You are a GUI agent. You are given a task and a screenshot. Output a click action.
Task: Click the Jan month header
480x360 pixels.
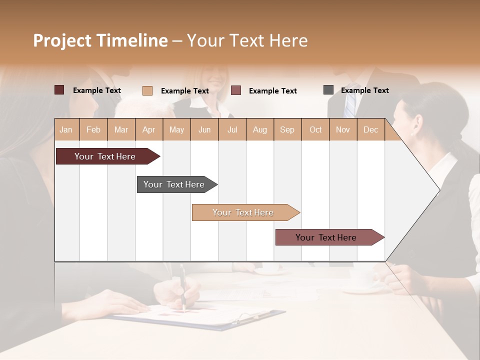[x=66, y=130]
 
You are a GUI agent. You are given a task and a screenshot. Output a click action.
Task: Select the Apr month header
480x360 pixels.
[x=148, y=130]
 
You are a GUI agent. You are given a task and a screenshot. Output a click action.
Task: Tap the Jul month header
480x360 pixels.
[x=232, y=130]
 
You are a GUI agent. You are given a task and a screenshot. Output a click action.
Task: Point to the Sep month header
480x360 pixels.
[x=287, y=130]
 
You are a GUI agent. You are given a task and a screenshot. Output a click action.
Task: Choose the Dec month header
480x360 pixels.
[x=370, y=130]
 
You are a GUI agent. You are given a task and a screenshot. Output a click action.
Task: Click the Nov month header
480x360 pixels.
[x=342, y=130]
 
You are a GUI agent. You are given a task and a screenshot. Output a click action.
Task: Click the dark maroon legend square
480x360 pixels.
[x=59, y=90]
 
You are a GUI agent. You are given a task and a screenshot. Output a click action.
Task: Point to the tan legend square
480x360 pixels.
[x=147, y=90]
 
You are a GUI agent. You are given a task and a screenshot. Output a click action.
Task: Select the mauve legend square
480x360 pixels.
[x=236, y=90]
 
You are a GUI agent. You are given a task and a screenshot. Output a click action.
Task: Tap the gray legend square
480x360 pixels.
[x=328, y=90]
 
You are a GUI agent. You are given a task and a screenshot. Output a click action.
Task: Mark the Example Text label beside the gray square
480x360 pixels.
[x=364, y=90]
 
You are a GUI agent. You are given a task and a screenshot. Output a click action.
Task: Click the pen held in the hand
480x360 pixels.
[x=183, y=285]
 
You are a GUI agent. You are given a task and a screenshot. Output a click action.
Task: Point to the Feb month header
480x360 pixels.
[x=93, y=130]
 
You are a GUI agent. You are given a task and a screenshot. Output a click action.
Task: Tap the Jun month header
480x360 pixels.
[x=204, y=130]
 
